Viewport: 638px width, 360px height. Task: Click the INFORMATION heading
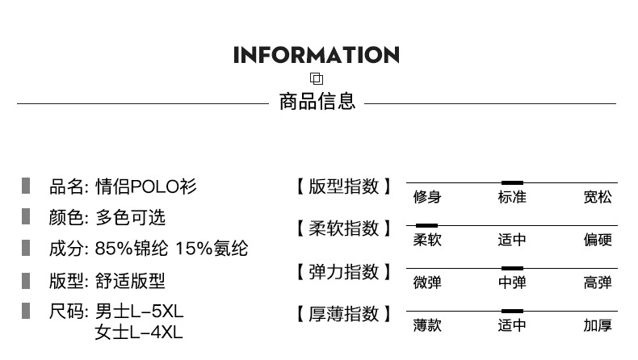316,55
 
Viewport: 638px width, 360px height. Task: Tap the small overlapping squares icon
317,79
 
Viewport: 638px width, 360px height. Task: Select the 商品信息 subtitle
317,102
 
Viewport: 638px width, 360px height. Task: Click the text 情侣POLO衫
145,187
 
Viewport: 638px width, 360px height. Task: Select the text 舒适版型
130,280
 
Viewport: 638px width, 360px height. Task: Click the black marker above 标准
512,182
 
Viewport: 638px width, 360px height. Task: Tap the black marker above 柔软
426,225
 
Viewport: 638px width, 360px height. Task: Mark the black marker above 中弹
512,267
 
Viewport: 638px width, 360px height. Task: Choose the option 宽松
598,198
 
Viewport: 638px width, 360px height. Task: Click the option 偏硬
598,240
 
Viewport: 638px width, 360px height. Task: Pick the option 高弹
598,283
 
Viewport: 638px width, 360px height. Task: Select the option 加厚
598,325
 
